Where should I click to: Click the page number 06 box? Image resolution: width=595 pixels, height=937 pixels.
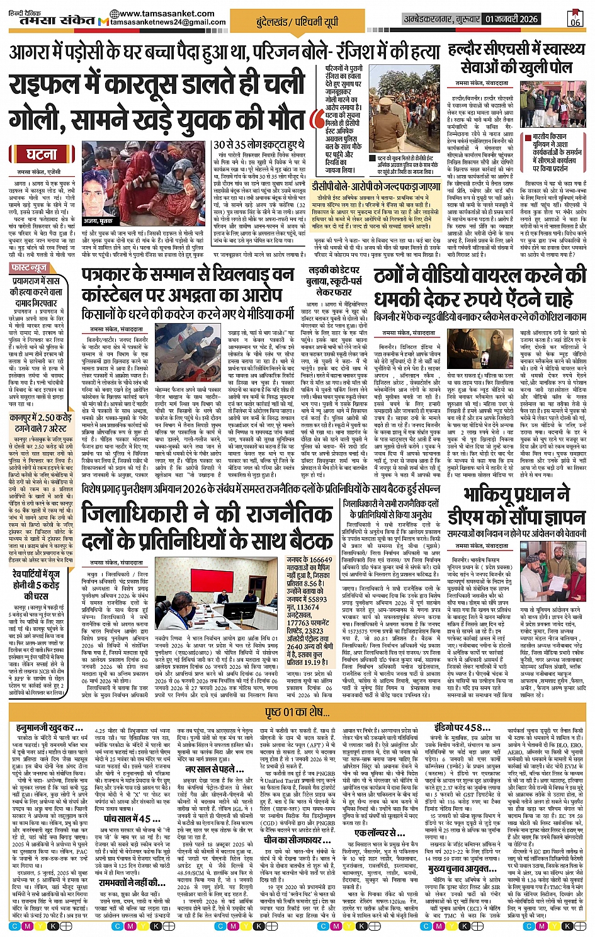pyautogui.click(x=575, y=18)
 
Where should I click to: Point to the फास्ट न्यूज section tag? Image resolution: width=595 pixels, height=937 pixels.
pyautogui.click(x=29, y=268)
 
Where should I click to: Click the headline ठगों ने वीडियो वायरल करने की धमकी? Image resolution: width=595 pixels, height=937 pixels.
pyautogui.click(x=480, y=288)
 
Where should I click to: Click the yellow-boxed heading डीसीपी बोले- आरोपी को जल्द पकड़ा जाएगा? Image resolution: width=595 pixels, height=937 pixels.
pyautogui.click(x=376, y=187)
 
